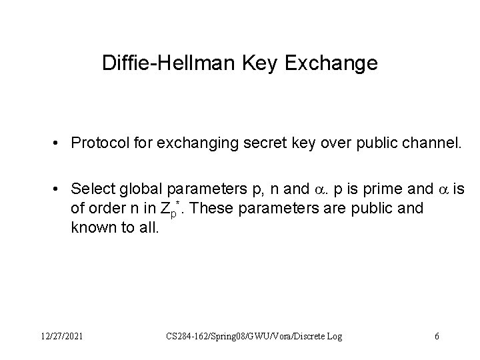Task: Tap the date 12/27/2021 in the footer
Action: pyautogui.click(x=61, y=337)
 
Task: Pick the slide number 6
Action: pyautogui.click(x=437, y=337)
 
